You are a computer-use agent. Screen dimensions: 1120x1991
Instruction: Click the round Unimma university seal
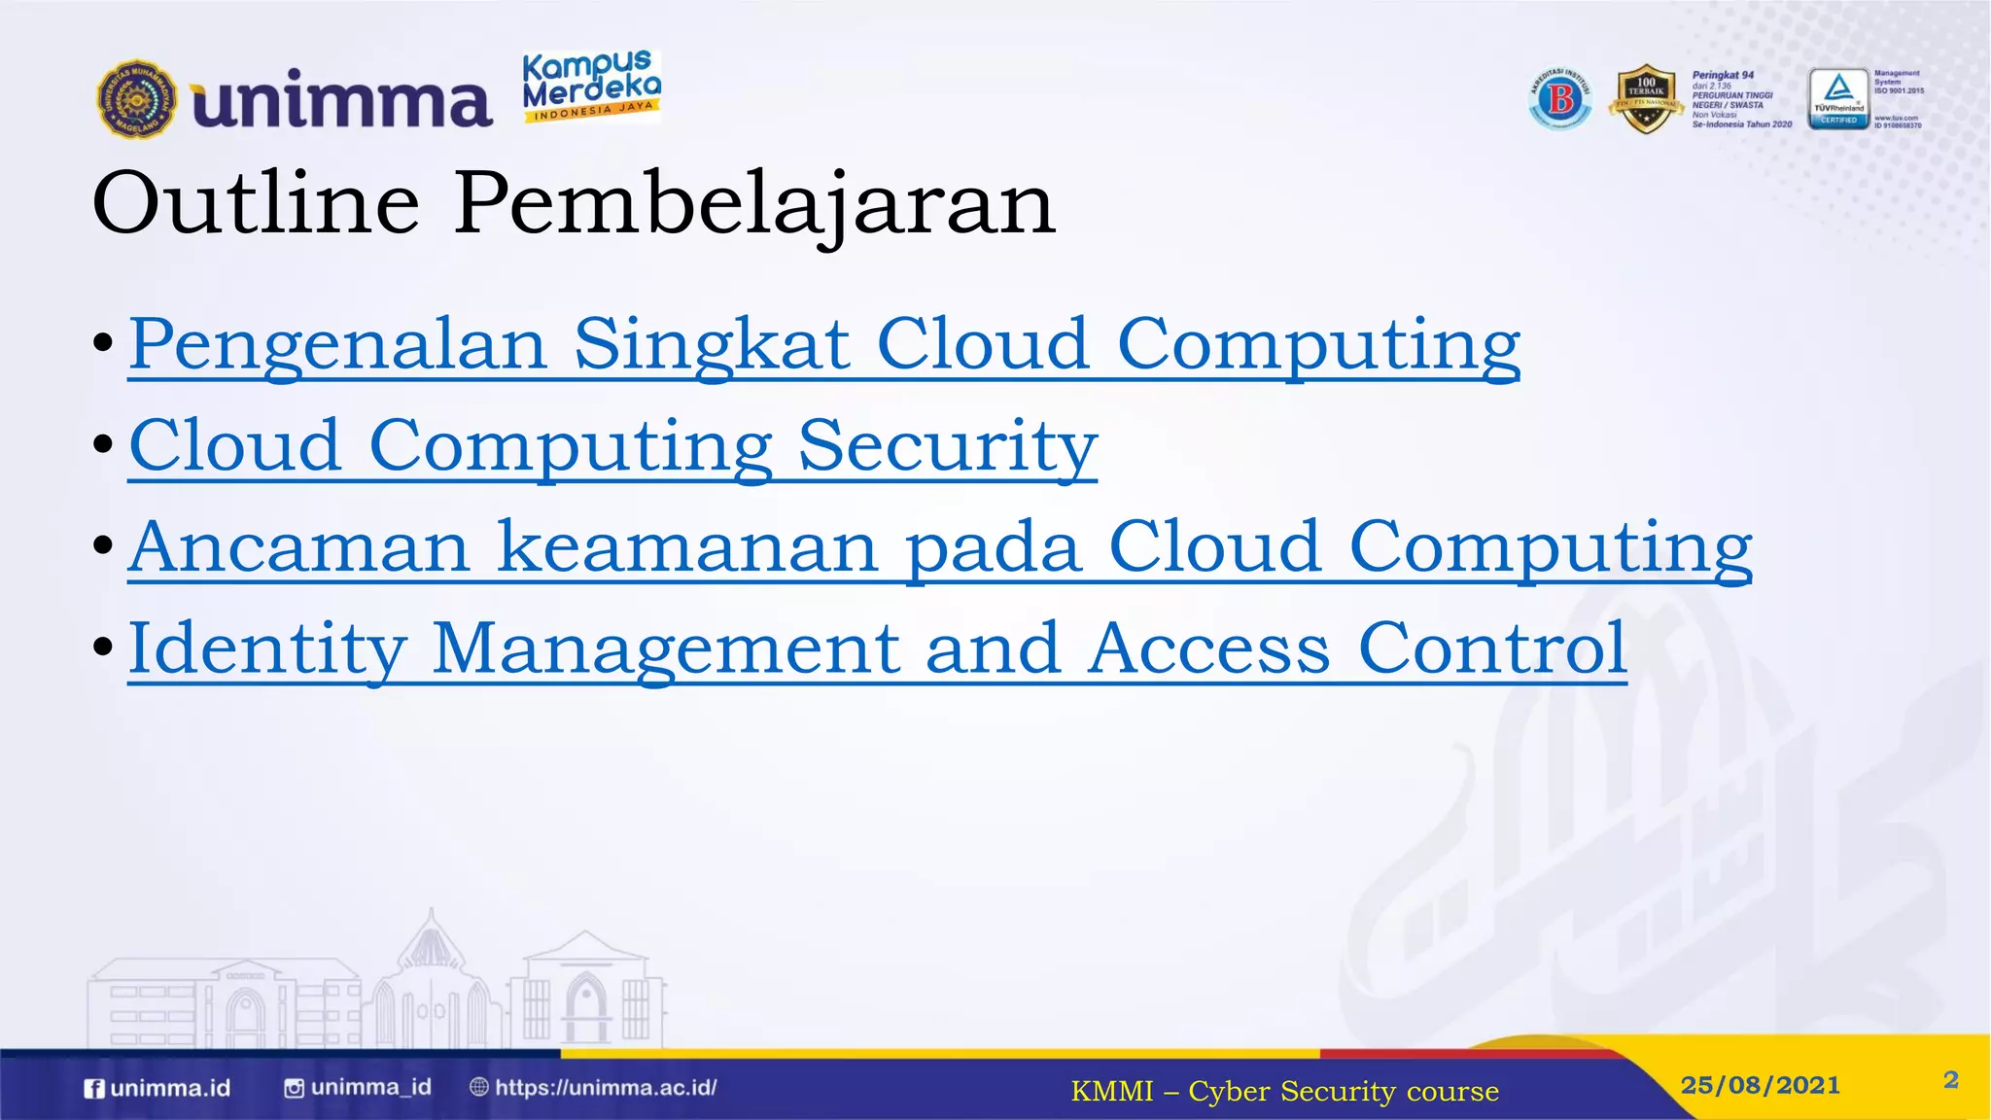tap(137, 99)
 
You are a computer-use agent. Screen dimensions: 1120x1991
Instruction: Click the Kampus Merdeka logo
tap(591, 87)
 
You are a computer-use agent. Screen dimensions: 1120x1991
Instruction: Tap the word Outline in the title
tap(256, 203)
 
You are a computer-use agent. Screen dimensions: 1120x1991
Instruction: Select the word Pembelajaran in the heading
tap(754, 205)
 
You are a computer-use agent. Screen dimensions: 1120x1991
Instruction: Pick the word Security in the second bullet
tap(947, 446)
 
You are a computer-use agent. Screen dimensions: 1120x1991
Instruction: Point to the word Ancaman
tap(299, 547)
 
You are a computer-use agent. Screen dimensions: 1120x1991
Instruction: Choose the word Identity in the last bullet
tap(267, 649)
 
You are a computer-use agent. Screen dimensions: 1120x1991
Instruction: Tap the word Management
tap(666, 649)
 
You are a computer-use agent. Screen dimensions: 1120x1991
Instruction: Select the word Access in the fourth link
tap(1208, 648)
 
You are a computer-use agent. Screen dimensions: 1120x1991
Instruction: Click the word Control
tap(1491, 648)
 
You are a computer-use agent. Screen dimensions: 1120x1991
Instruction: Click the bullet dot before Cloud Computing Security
tap(104, 445)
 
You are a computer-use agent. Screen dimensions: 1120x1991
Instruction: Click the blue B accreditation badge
tap(1560, 98)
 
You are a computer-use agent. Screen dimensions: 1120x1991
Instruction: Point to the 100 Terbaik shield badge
tap(1646, 98)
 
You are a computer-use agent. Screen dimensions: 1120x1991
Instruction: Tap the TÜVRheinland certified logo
tap(1837, 98)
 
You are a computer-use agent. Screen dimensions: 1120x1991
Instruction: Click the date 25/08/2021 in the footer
tap(1760, 1085)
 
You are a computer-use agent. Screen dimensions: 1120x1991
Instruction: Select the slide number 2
tap(1950, 1080)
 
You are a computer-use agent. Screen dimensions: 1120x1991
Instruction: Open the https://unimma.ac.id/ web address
tap(605, 1088)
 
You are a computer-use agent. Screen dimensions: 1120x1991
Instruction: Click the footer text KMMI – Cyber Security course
tap(1284, 1092)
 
